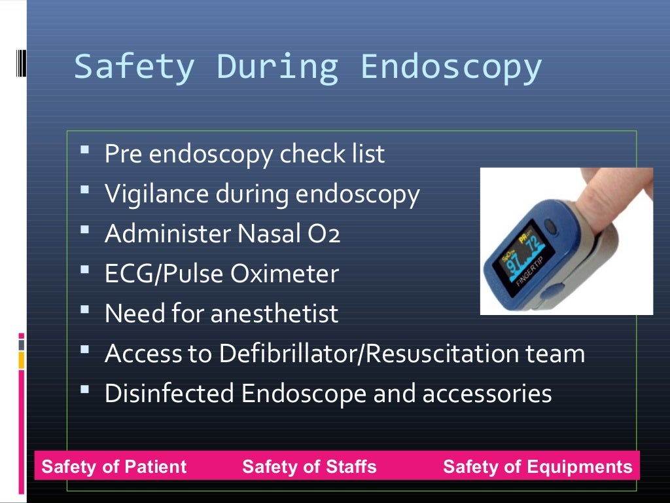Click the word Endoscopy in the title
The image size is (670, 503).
point(451,67)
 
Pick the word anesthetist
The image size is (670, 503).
point(274,314)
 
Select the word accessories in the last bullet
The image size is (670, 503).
point(487,394)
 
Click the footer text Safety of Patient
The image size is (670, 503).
point(114,467)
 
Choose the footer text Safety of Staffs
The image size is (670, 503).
point(309,467)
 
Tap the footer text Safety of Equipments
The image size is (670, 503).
point(538,467)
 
